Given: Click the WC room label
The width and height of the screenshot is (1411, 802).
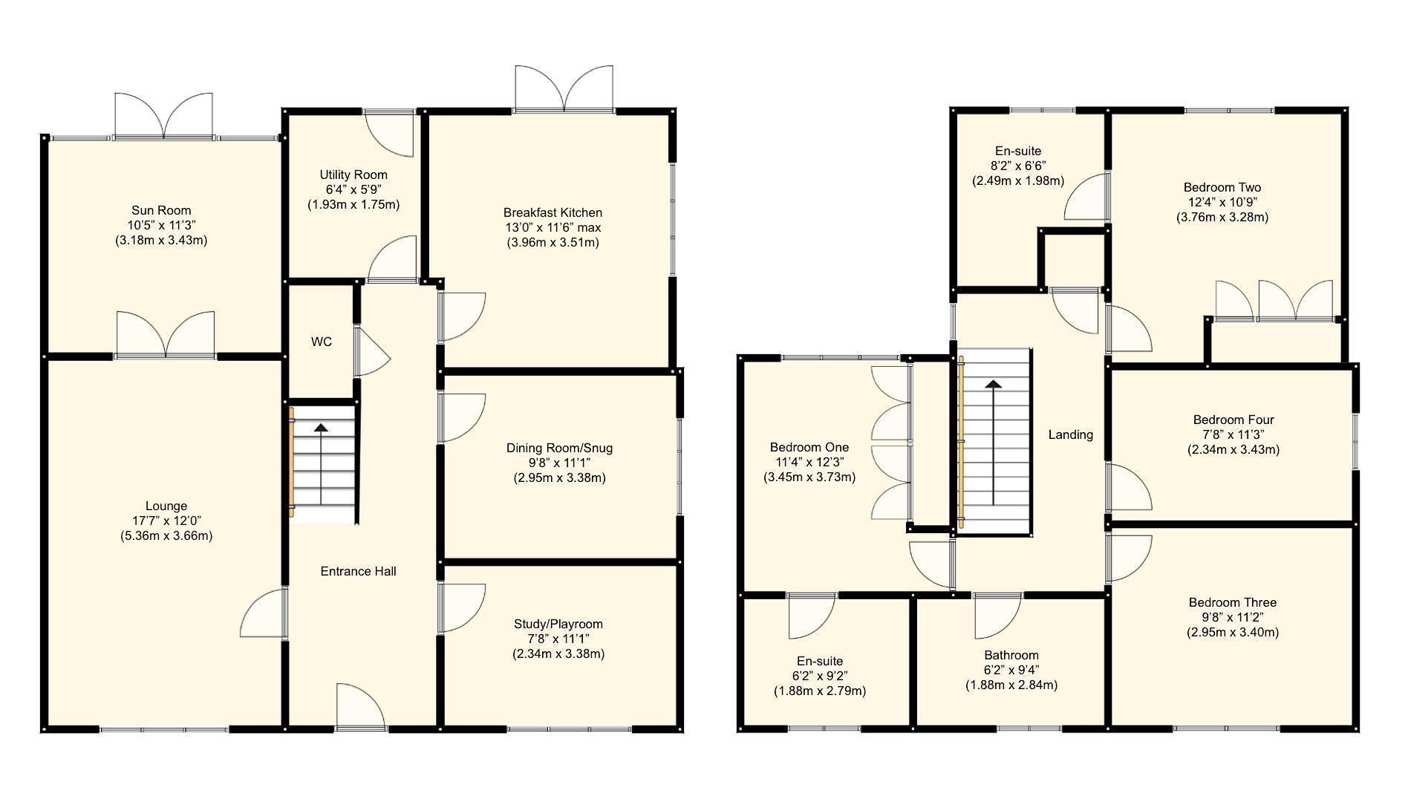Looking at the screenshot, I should (321, 342).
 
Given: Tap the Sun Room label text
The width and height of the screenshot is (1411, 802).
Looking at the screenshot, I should (161, 210).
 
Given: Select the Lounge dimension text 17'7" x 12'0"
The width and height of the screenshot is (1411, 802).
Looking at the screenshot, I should (166, 521).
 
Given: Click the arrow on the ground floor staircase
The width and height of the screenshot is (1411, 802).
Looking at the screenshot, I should (321, 428).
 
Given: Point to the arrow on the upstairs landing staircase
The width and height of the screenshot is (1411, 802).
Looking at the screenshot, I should (993, 385).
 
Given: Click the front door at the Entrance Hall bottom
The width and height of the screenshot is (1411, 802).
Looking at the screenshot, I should (360, 708).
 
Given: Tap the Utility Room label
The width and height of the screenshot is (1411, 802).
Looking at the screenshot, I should (353, 175).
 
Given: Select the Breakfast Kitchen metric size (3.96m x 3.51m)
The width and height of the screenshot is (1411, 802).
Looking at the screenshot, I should (553, 242).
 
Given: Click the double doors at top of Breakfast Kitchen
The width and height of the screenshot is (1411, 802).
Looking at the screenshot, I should (565, 89).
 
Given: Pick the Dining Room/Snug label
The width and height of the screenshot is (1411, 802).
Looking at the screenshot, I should (559, 448).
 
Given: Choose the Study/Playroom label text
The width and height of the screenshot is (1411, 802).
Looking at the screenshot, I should (558, 624).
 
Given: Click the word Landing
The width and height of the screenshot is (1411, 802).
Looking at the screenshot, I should (1070, 434).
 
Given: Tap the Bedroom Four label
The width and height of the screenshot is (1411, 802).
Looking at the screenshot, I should (1234, 420).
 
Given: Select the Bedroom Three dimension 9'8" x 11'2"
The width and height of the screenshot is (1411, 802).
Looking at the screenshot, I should (1233, 617).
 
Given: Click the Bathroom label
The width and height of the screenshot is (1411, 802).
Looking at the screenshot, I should (1011, 655).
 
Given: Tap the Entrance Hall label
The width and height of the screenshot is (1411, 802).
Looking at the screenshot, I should (358, 571).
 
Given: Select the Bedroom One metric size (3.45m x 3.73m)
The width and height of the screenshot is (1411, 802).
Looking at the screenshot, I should (809, 477).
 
